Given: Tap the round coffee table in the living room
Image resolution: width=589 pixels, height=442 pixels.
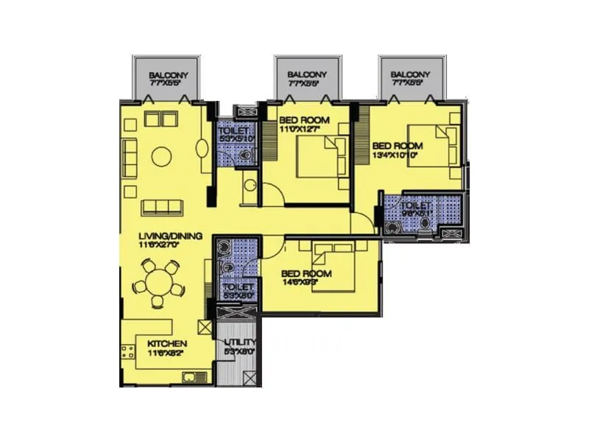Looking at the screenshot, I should click(161, 155).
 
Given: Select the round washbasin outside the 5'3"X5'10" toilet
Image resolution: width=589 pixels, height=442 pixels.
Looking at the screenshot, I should click(248, 185).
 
